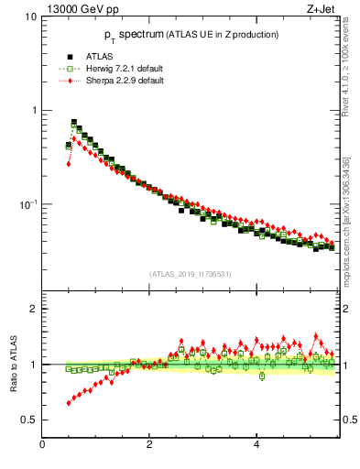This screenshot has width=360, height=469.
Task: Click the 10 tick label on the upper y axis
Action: tap(31, 17)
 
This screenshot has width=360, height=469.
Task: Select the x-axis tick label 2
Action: tap(149, 445)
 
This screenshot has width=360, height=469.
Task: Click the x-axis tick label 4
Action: tap(256, 445)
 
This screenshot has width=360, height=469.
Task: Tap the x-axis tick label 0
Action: tap(43, 445)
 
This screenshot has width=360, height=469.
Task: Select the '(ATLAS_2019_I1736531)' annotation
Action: tap(189, 274)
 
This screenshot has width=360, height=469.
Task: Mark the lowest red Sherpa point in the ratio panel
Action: tap(69, 402)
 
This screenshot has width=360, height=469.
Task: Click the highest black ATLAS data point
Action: tap(74, 122)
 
